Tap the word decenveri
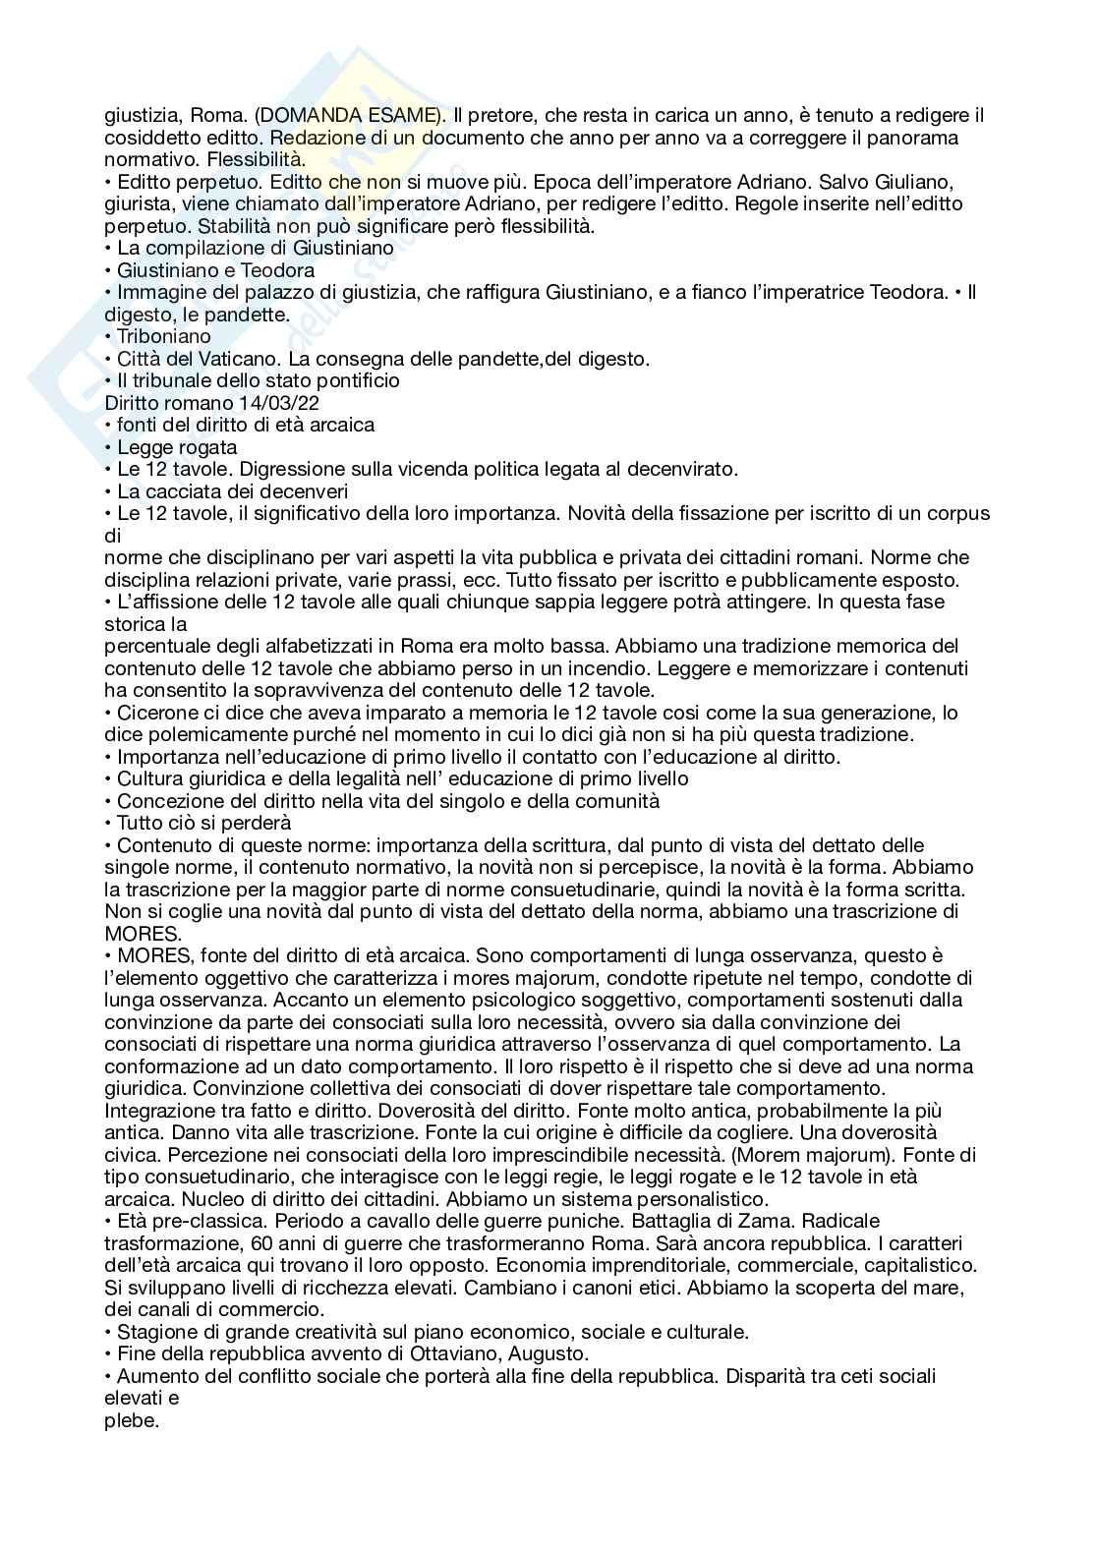[300, 491]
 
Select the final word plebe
[130, 1420]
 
